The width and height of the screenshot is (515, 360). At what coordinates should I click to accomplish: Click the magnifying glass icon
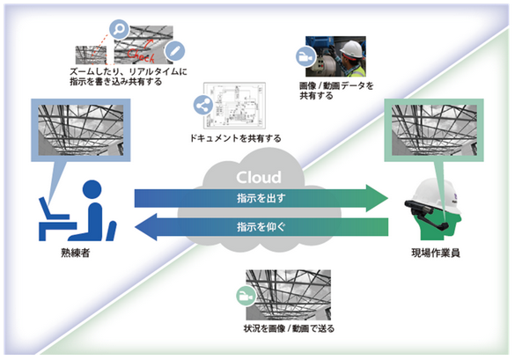coord(119,29)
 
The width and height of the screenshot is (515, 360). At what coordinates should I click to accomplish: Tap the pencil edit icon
coord(174,52)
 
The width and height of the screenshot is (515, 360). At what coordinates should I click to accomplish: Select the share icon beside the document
coord(202,105)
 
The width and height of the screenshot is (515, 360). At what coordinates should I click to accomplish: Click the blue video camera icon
coord(305,57)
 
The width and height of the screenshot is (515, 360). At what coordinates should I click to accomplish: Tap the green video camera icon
coord(246,296)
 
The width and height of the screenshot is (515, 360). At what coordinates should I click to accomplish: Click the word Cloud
coord(259,178)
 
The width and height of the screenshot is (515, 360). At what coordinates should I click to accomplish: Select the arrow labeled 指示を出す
coord(261,198)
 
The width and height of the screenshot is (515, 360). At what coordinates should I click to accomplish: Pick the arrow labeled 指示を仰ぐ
coord(261,226)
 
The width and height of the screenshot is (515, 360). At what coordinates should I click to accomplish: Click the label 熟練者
coord(76,253)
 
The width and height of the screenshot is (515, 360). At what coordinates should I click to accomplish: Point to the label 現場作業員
coord(436,253)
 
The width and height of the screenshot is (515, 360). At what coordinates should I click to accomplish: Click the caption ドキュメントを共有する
coord(236,138)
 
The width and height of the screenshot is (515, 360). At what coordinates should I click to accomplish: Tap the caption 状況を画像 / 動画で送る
coord(289,328)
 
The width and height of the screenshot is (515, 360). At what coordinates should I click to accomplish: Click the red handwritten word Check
coord(141,55)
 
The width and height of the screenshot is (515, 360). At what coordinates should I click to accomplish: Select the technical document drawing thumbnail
coord(234,106)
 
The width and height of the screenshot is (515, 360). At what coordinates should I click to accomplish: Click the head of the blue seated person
coord(92,189)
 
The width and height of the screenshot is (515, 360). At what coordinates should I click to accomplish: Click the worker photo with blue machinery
coord(335,56)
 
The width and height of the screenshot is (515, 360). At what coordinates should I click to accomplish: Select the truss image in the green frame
coord(434,130)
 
